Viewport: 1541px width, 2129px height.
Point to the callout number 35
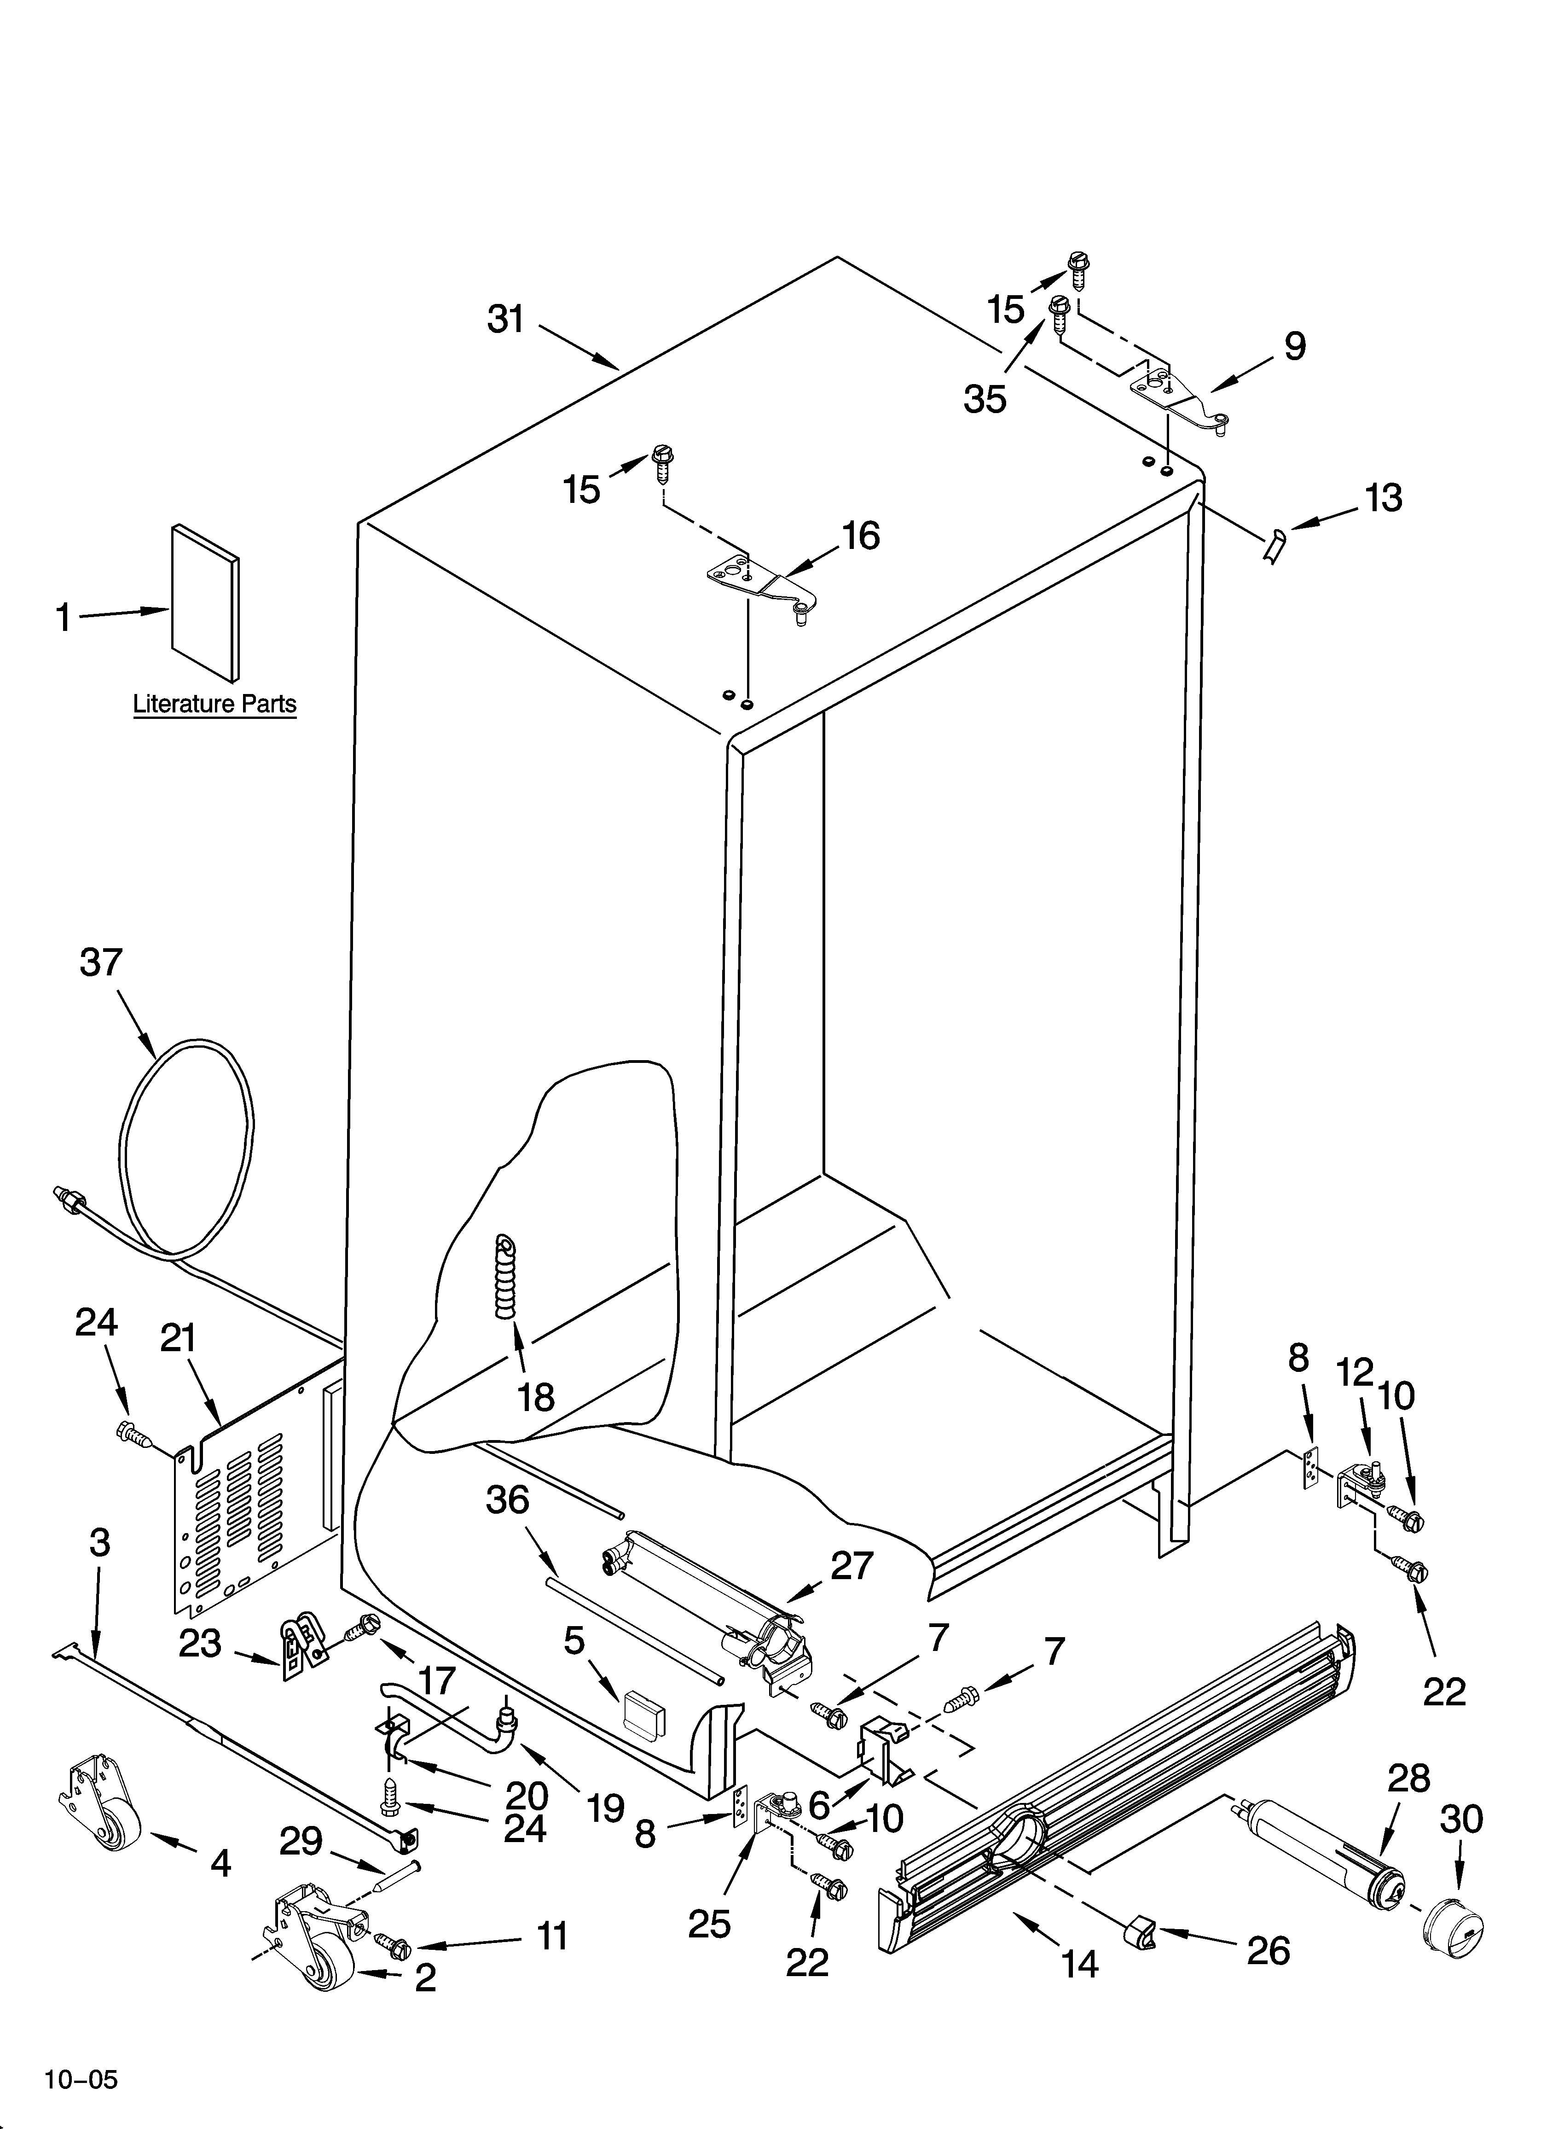985,399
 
